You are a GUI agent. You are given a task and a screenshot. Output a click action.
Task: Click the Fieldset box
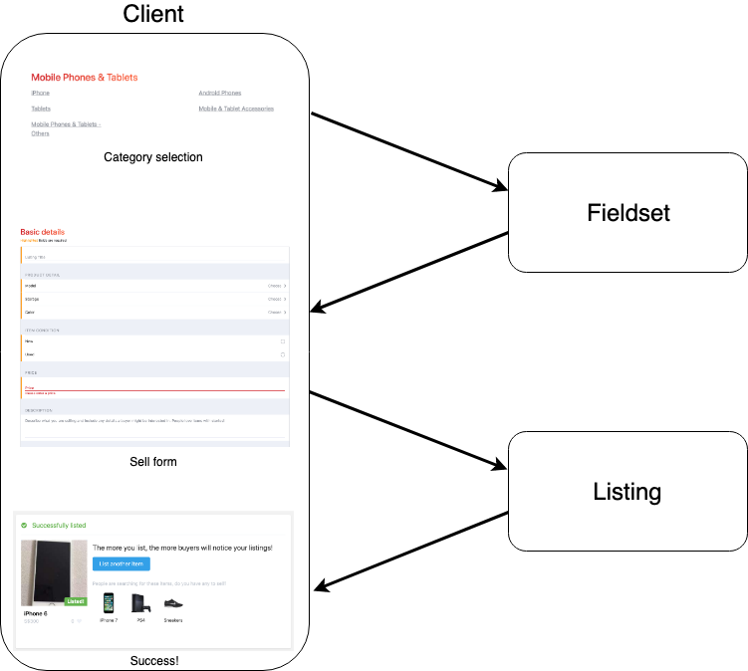[x=627, y=212]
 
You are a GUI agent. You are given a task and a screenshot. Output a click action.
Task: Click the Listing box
[x=627, y=491]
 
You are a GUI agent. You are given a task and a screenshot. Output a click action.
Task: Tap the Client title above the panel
[x=153, y=14]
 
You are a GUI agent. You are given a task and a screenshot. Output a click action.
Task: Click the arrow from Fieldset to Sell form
[x=410, y=271]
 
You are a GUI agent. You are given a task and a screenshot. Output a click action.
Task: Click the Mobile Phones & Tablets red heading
[x=85, y=77]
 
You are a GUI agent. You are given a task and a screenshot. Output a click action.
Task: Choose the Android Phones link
[x=220, y=93]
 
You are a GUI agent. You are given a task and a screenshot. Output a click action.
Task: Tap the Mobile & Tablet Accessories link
[x=236, y=109]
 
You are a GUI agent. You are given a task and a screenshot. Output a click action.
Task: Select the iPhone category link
[x=40, y=93]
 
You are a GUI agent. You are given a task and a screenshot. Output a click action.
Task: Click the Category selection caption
[x=153, y=157]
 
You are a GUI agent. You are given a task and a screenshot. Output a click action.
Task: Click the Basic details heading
[x=43, y=232]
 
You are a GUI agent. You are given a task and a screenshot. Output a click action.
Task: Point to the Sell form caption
[x=153, y=462]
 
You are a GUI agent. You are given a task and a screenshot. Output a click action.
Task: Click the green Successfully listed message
[x=59, y=525]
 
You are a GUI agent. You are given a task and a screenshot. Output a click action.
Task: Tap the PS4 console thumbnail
[x=140, y=603]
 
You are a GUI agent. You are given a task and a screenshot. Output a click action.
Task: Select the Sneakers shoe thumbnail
[x=173, y=603]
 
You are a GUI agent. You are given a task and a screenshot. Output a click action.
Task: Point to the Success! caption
[x=153, y=661]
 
